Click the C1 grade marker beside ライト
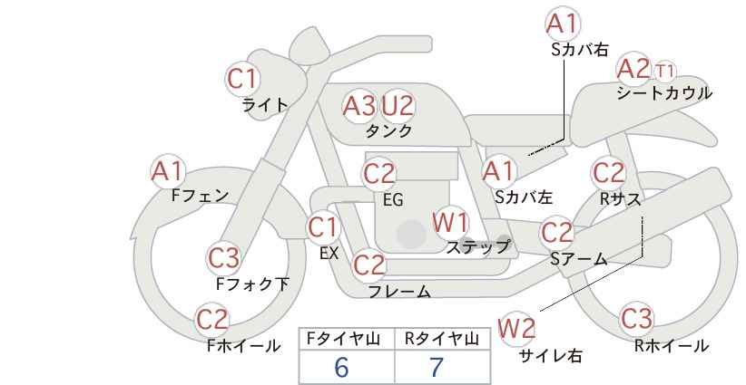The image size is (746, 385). tap(242, 79)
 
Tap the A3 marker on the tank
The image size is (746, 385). tap(359, 106)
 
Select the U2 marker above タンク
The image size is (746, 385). tap(398, 106)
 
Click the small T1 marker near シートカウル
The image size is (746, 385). tap(664, 72)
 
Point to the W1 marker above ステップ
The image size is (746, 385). tap(450, 222)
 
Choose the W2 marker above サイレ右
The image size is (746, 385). tap(516, 328)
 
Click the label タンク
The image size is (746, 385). tap(388, 130)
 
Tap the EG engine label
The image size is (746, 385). tap(393, 200)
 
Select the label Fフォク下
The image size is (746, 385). tap(252, 284)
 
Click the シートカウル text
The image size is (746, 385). tap(664, 92)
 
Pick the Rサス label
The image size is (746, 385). tap(620, 199)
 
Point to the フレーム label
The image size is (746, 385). tap(399, 291)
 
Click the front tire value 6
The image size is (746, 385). tap(341, 367)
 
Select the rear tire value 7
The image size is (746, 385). tap(437, 367)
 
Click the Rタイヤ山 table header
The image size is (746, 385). tap(442, 339)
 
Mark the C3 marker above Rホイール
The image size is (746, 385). tap(636, 319)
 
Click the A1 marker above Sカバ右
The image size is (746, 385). tap(563, 24)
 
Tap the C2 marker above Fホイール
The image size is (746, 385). tap(212, 320)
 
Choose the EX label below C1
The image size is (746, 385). tap(329, 254)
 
